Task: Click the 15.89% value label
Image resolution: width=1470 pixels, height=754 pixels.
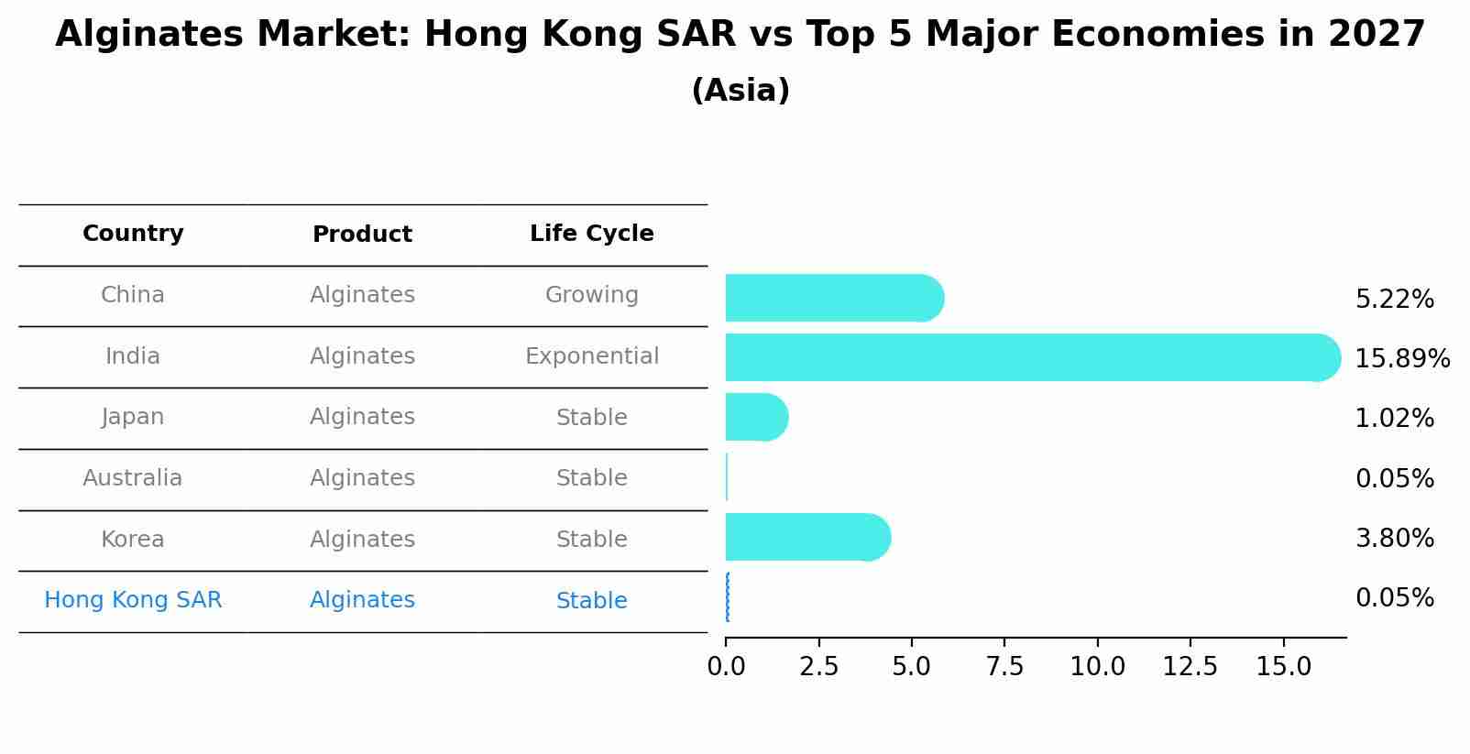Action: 1402,358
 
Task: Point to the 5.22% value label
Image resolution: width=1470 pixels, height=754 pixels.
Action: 1394,299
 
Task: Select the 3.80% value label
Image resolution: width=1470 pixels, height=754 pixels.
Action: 1394,538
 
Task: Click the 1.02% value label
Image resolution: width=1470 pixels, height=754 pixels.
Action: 1394,419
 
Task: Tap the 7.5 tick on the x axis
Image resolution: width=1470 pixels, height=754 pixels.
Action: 1004,667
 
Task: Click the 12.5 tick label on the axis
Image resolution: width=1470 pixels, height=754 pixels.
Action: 1190,667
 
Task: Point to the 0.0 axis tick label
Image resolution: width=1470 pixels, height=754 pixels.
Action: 726,667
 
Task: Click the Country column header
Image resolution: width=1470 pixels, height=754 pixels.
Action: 133,234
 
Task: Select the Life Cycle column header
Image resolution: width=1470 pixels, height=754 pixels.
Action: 592,234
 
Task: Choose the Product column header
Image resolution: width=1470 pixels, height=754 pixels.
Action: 362,235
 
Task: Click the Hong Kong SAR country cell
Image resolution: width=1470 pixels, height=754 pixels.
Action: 133,600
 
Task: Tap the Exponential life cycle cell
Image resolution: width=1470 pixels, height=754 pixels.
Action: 592,356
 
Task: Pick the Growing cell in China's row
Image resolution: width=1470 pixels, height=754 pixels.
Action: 592,295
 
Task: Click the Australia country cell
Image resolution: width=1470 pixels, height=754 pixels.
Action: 133,478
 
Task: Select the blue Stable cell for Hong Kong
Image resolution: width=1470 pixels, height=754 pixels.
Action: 592,601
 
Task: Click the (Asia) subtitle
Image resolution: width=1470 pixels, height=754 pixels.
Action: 740,91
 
